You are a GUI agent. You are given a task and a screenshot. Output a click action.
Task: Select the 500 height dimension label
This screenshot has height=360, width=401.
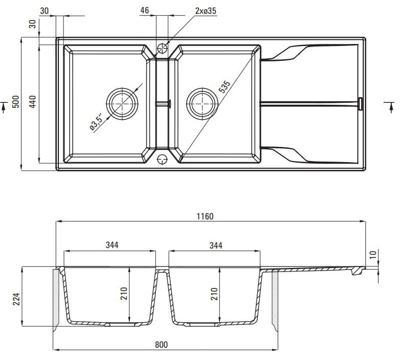point(15,103)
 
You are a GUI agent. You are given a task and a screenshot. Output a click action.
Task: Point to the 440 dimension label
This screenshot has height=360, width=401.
point(33,103)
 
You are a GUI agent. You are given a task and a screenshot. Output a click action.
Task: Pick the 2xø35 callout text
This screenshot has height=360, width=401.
point(206,10)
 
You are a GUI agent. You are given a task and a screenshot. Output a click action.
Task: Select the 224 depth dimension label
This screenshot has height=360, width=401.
point(15,298)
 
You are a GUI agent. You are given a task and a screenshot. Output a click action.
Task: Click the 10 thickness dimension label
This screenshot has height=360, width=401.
point(373,254)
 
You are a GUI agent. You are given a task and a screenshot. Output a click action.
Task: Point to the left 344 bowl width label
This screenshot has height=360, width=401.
point(112,245)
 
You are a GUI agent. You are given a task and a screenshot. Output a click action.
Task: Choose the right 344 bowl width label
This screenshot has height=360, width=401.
point(216,245)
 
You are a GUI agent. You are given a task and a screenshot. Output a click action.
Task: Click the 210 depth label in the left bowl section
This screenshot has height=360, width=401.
point(123,294)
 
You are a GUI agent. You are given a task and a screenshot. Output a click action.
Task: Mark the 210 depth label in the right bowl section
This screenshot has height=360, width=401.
point(214,294)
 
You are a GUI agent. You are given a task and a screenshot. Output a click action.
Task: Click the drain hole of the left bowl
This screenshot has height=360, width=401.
point(122,103)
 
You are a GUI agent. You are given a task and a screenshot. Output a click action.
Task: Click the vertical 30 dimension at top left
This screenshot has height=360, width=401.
point(33,25)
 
